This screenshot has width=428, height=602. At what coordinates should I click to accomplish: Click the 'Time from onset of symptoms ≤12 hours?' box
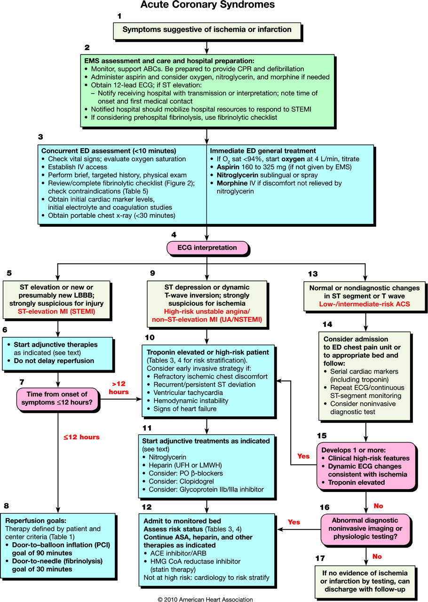(x=58, y=400)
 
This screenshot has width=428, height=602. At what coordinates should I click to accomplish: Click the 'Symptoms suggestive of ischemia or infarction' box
(x=207, y=30)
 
